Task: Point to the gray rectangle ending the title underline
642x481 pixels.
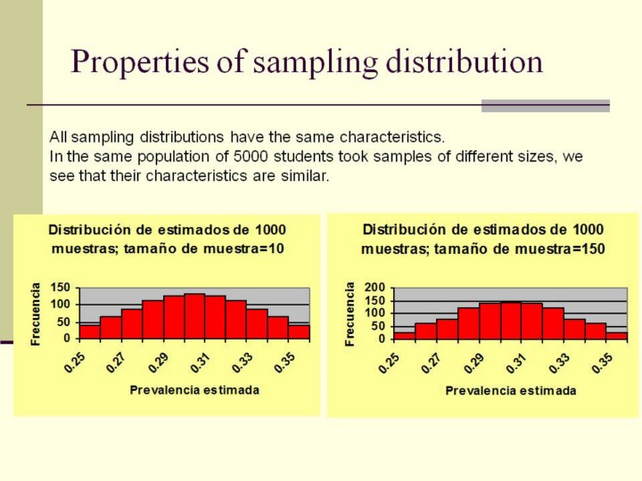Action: click(x=545, y=105)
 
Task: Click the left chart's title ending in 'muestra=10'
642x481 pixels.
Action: click(x=168, y=239)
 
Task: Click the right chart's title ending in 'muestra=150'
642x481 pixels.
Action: click(x=482, y=239)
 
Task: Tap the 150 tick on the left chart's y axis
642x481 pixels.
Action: click(x=60, y=288)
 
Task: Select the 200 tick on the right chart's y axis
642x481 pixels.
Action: click(x=375, y=289)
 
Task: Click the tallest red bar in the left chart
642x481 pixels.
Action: click(x=194, y=316)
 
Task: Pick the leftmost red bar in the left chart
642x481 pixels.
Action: click(x=89, y=331)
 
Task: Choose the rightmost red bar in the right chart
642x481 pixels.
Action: click(x=616, y=335)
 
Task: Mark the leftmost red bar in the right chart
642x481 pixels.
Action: click(x=404, y=335)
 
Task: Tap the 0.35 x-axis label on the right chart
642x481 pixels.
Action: click(x=606, y=363)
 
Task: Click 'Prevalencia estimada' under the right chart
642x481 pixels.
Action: click(x=511, y=390)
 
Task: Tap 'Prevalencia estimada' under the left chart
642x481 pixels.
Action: click(x=194, y=389)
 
